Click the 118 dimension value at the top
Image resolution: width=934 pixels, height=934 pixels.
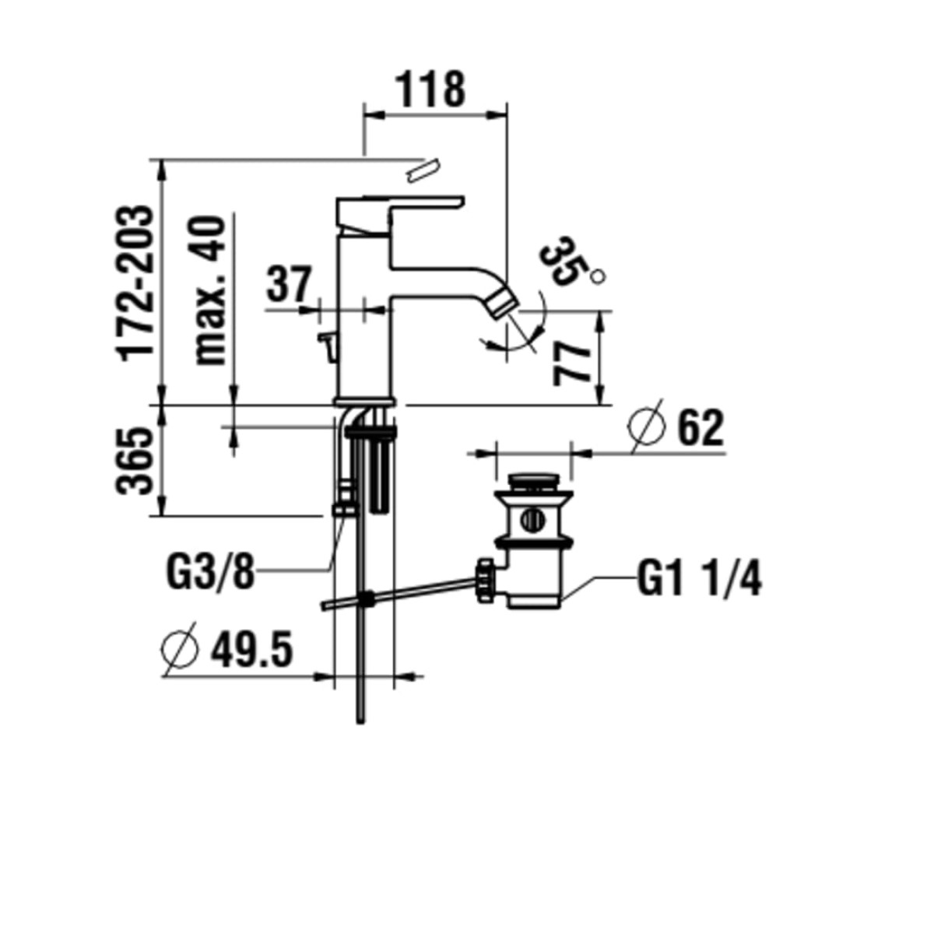pyautogui.click(x=430, y=90)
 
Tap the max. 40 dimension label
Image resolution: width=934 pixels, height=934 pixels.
pyautogui.click(x=210, y=290)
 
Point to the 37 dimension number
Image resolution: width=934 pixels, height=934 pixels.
pyautogui.click(x=288, y=284)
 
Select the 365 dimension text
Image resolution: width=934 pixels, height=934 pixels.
pyautogui.click(x=134, y=461)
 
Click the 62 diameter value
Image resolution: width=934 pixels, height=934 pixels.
pyautogui.click(x=700, y=428)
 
